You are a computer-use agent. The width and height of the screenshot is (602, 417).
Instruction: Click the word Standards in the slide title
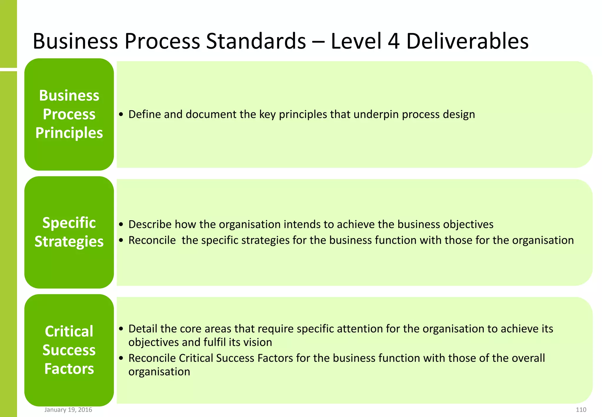click(x=256, y=41)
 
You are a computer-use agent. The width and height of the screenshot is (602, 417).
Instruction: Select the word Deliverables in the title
click(x=467, y=41)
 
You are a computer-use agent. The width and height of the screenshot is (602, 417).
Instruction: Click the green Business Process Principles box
click(x=69, y=114)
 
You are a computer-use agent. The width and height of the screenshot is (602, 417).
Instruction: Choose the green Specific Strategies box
click(x=69, y=232)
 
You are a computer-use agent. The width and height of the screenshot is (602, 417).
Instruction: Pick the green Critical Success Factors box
click(x=69, y=350)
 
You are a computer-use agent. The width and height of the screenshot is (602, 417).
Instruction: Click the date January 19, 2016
click(x=68, y=410)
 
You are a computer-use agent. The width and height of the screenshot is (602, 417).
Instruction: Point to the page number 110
click(x=581, y=410)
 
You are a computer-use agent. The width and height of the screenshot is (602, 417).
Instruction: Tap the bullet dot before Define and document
click(x=121, y=115)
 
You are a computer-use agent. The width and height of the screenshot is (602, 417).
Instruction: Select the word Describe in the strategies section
click(x=150, y=224)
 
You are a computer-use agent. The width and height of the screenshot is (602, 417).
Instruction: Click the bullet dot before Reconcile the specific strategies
click(x=121, y=241)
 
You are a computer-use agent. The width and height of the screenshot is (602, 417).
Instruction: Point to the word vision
click(x=259, y=342)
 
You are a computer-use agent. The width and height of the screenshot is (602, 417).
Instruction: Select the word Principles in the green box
click(x=69, y=133)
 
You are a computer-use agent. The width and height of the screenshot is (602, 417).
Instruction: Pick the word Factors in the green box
click(x=69, y=369)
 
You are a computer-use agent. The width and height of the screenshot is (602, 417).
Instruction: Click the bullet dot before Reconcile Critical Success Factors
click(x=121, y=358)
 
